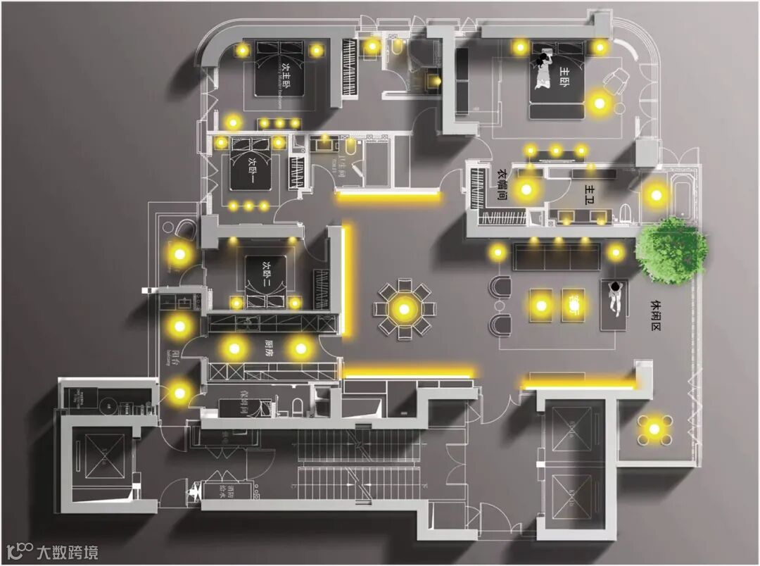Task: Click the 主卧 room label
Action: click(566, 73)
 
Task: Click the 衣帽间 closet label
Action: click(502, 184)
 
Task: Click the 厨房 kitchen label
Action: click(268, 347)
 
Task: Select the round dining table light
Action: click(404, 308)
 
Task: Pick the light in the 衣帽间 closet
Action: click(525, 188)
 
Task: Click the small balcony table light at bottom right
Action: click(654, 428)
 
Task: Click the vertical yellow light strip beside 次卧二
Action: click(347, 280)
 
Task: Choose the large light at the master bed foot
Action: click(599, 103)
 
